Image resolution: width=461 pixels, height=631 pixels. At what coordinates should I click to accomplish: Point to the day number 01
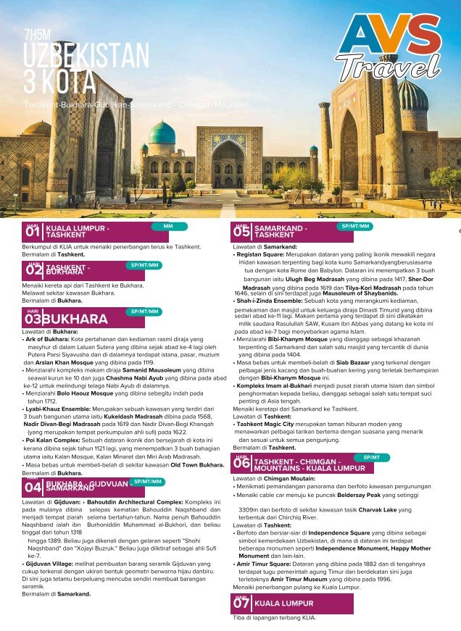click(x=33, y=233)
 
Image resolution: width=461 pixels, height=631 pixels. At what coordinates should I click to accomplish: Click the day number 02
click(x=33, y=272)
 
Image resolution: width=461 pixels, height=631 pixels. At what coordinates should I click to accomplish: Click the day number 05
click(x=241, y=233)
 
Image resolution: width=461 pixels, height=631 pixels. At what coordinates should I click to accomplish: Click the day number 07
click(x=241, y=603)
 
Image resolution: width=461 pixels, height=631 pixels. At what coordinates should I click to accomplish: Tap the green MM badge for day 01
click(x=168, y=227)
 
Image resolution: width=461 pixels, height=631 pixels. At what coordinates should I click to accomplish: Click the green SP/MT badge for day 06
click(x=372, y=458)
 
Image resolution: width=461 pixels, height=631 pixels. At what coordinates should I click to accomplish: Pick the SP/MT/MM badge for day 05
click(x=355, y=227)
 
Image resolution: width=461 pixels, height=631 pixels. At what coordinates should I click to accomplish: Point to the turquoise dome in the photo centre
click(x=162, y=133)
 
